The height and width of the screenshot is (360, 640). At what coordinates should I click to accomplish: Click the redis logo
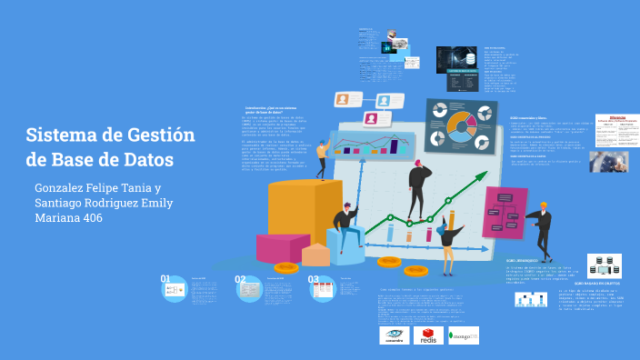pos(428,335)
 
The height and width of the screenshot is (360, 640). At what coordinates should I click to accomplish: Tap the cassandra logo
pos(394,335)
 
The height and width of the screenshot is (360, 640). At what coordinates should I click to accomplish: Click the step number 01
pos(165,279)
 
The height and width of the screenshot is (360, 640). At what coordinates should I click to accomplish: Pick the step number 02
pos(240,279)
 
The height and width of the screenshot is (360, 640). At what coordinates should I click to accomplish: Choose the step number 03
pos(313,279)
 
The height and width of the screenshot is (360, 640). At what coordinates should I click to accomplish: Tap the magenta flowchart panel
pos(503,212)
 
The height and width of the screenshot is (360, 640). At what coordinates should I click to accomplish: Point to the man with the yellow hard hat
pos(542,227)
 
